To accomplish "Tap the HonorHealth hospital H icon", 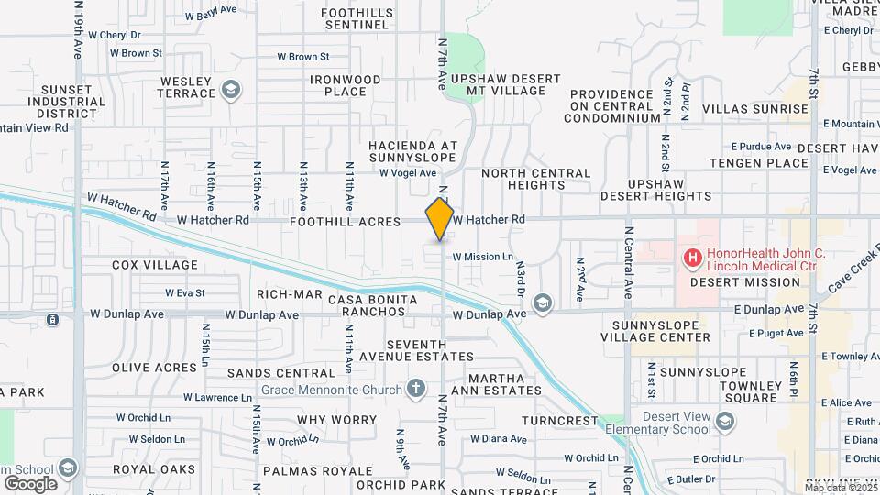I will tap(692, 259).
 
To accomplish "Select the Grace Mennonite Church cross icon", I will tap(416, 390).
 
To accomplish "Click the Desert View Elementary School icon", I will tap(726, 421).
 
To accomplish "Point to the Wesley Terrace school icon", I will tap(231, 90).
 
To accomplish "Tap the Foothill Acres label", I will tap(345, 222).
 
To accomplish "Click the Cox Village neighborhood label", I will tap(154, 265).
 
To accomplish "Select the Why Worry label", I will tap(337, 420).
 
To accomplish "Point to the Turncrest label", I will tap(559, 421).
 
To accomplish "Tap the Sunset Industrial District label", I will tap(67, 101).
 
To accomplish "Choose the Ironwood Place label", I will tap(345, 85).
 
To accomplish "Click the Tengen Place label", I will tap(764, 163).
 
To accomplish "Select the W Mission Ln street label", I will tap(482, 258).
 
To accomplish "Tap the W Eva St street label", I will tap(184, 293).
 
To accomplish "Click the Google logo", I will tap(30, 483).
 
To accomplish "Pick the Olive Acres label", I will tap(154, 368).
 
